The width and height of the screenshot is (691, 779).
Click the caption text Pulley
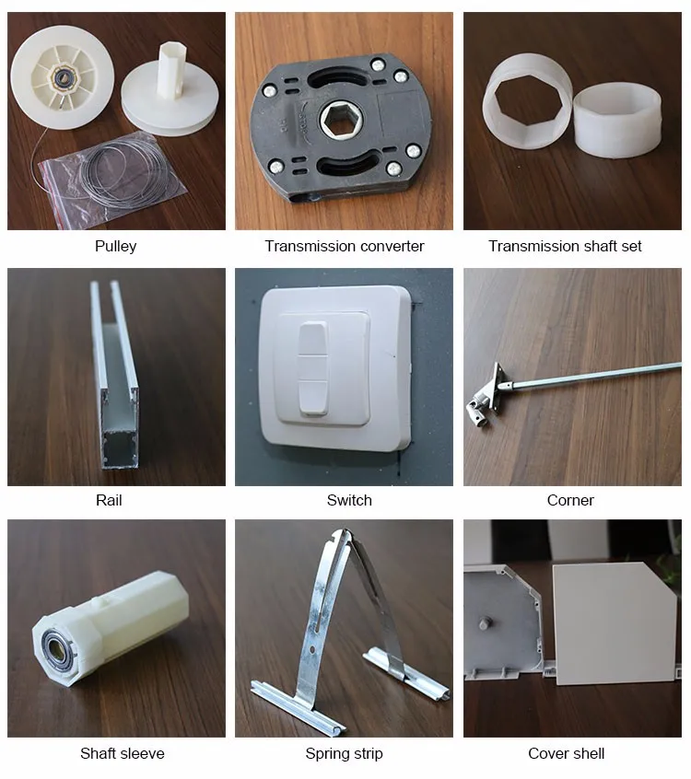point(115,246)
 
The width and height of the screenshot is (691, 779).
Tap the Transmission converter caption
point(344,246)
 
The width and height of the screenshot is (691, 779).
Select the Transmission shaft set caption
point(565,246)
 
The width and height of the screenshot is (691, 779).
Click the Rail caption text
point(109,500)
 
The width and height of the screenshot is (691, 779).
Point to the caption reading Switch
point(349,500)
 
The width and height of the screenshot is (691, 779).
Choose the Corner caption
point(570,500)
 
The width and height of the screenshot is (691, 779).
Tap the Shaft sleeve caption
point(123,753)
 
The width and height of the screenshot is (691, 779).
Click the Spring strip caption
point(344,754)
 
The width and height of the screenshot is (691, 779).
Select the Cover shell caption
point(567,753)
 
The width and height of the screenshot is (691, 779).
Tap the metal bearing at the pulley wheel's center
point(64,77)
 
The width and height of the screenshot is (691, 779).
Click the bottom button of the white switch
point(313,397)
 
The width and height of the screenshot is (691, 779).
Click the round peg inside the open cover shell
point(484,623)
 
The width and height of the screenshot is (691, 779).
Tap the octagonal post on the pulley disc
point(169,70)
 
